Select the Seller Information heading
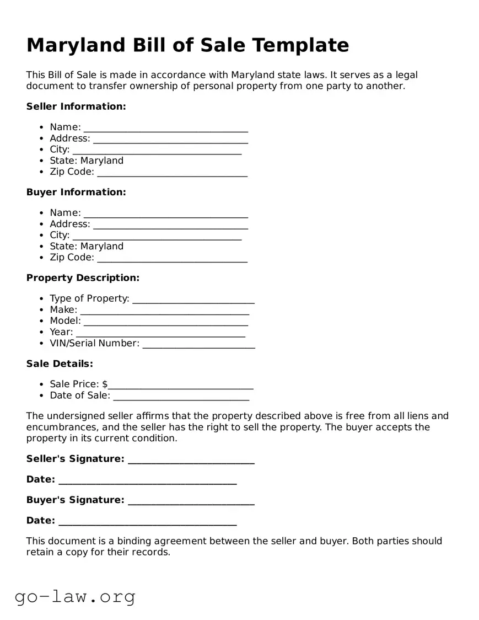coord(76,106)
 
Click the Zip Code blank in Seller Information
coord(172,173)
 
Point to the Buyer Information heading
coord(76,192)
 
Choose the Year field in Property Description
coord(160,333)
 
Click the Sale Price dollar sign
coord(105,384)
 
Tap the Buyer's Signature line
coord(191,501)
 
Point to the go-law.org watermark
coord(75,596)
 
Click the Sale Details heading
coord(60,364)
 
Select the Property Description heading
coord(83,278)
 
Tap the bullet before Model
coord(42,321)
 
